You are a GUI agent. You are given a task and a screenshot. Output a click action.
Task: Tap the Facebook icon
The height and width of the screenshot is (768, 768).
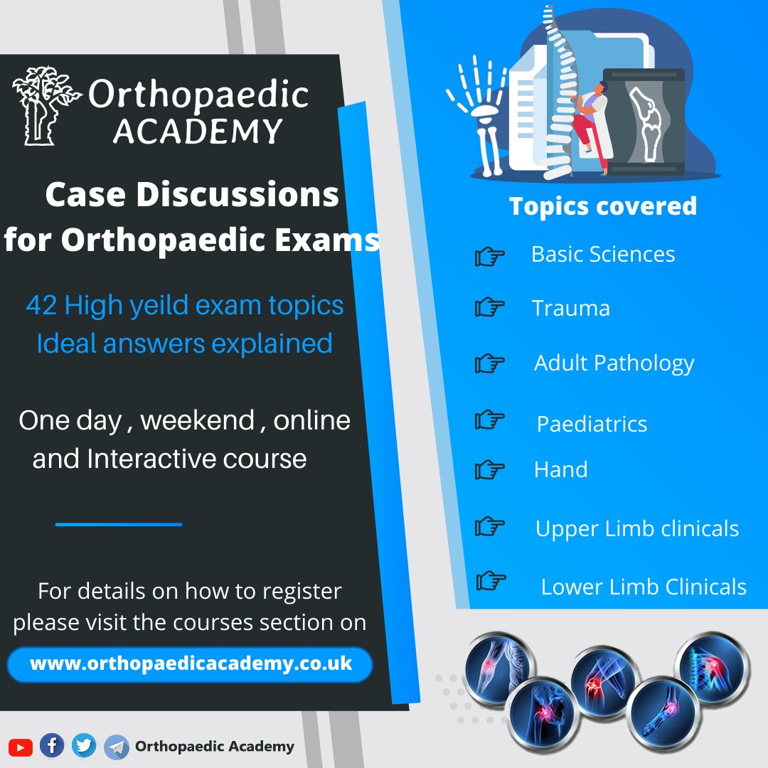(51, 745)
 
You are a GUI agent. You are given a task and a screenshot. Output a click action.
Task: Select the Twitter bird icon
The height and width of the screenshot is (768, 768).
(84, 745)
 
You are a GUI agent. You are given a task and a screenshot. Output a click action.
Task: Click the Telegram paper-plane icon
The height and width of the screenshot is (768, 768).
(116, 747)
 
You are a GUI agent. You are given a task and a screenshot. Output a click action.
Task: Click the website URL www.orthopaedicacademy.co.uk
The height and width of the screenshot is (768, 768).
(191, 664)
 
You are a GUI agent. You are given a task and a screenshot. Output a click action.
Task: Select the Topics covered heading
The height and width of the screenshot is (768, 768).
(602, 206)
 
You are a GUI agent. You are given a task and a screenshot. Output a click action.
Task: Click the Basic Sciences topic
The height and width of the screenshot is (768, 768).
(603, 255)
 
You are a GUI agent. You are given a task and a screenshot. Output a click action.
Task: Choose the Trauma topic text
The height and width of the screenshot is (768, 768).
(570, 309)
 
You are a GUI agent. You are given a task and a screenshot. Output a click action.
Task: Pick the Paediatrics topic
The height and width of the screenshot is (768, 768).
(592, 424)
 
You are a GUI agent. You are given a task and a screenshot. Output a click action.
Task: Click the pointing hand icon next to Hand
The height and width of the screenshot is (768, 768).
(490, 469)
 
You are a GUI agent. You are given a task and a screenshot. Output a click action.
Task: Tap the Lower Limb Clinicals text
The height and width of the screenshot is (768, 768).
(644, 587)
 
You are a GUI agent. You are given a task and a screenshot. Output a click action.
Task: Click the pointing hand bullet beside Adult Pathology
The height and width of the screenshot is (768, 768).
(490, 364)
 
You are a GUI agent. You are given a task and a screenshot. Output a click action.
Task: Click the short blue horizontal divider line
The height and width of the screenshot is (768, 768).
(119, 524)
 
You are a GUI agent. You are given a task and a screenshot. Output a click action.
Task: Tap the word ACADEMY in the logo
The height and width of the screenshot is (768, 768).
(198, 132)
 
